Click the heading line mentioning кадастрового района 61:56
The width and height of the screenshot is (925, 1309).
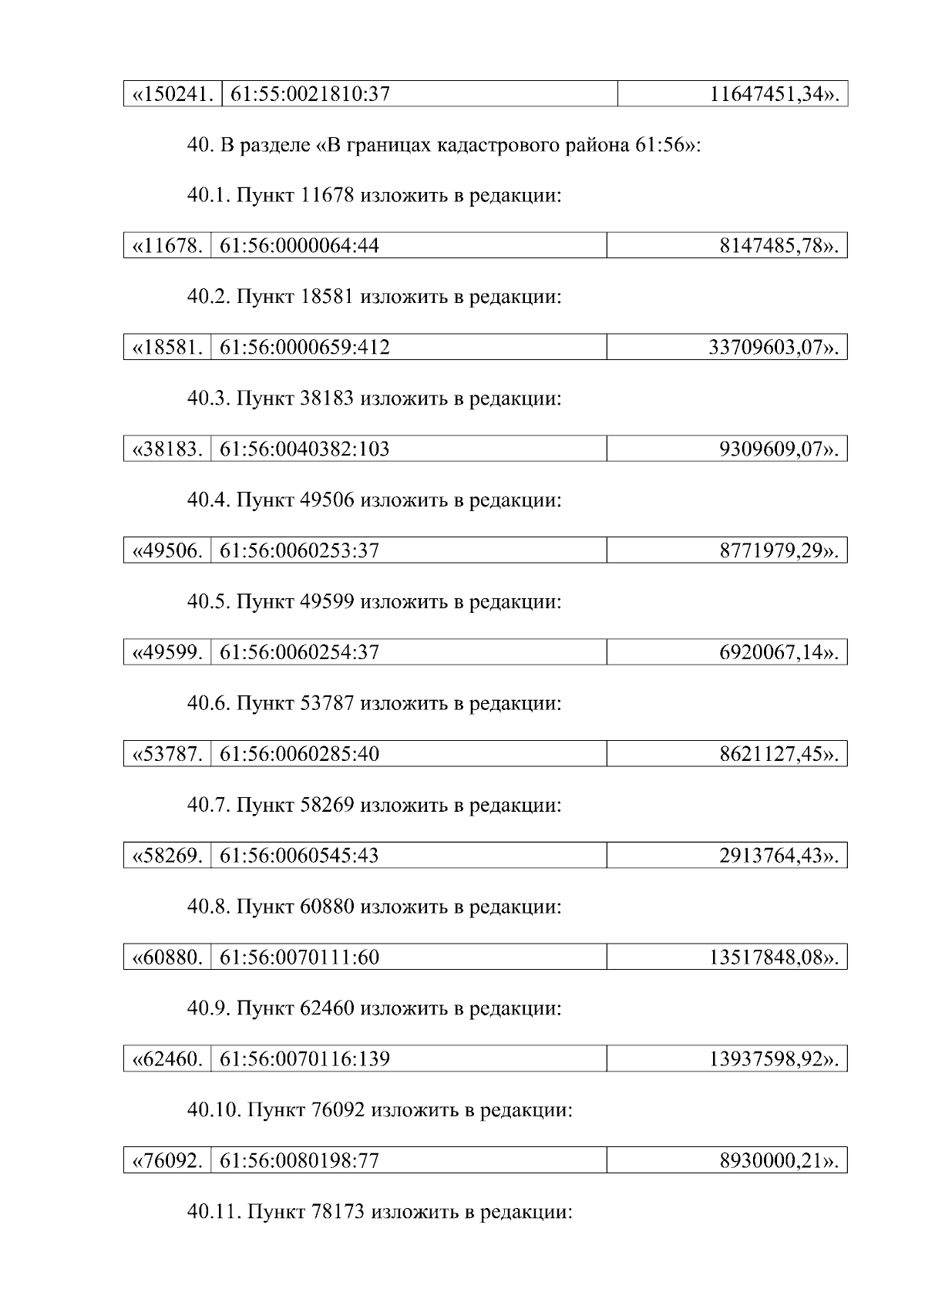click(x=444, y=146)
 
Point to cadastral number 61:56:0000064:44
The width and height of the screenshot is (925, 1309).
click(x=300, y=247)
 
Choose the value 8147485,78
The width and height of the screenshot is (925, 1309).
click(x=779, y=247)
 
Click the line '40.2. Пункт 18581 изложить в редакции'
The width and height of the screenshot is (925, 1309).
click(x=374, y=297)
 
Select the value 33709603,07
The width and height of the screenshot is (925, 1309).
click(x=773, y=348)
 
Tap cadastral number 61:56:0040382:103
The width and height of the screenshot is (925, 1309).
click(x=305, y=449)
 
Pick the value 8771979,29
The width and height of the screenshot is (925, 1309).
click(x=779, y=550)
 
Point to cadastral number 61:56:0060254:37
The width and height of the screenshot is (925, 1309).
click(x=300, y=652)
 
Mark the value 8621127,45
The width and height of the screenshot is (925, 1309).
click(x=779, y=753)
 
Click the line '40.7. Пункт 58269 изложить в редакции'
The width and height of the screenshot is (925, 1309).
click(x=374, y=806)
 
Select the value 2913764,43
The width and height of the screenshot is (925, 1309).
click(x=779, y=855)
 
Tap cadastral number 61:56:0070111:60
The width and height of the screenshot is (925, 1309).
click(x=300, y=957)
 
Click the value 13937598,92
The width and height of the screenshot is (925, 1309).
click(x=773, y=1059)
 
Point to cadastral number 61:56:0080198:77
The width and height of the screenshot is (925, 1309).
click(x=300, y=1161)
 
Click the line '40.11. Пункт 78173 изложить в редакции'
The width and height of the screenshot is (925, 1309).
click(x=379, y=1212)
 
